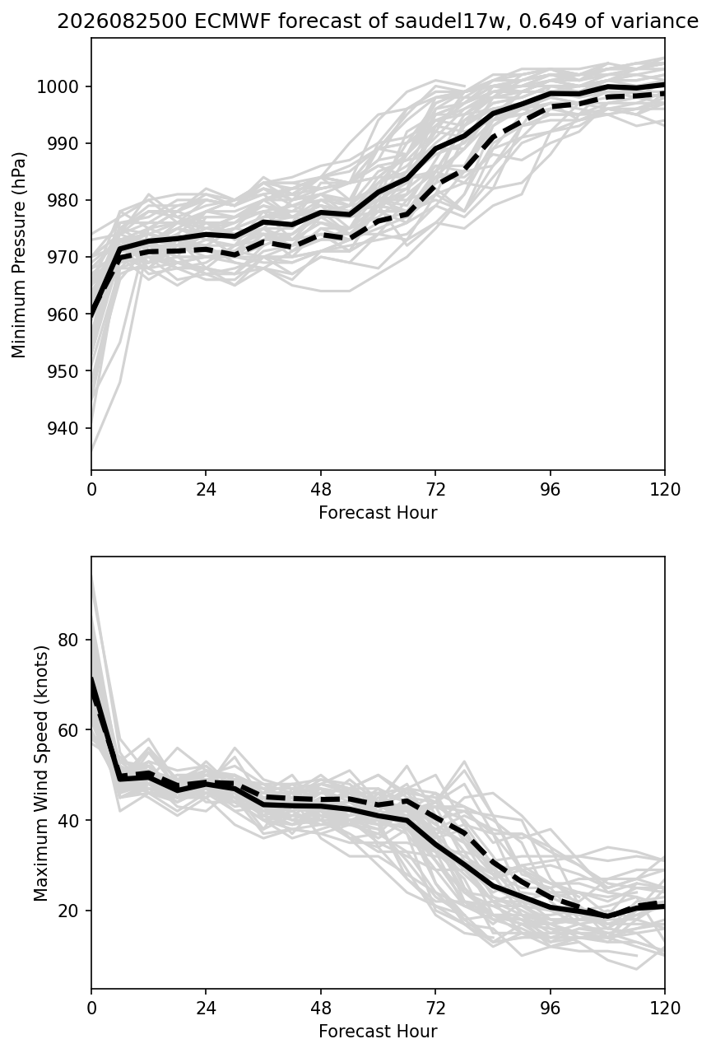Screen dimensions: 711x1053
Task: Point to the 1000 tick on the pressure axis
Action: (x=61, y=86)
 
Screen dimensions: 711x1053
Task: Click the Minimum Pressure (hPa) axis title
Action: (x=18, y=254)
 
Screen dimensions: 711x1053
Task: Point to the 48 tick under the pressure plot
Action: (x=320, y=490)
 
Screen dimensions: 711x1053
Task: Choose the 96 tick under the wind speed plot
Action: (x=550, y=1008)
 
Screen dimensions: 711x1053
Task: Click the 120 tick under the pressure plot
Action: (x=664, y=490)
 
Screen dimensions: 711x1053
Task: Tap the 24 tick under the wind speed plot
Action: (x=206, y=1008)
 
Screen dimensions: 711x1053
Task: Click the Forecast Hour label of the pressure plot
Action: (x=378, y=512)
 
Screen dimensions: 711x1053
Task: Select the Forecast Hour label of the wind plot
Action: (x=378, y=1031)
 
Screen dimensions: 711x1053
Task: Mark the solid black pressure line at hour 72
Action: (x=435, y=149)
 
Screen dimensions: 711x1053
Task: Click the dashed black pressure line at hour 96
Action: (x=551, y=107)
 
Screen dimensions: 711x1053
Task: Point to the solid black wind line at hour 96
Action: (x=551, y=907)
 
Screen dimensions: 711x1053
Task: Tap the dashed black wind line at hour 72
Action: (x=435, y=818)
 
